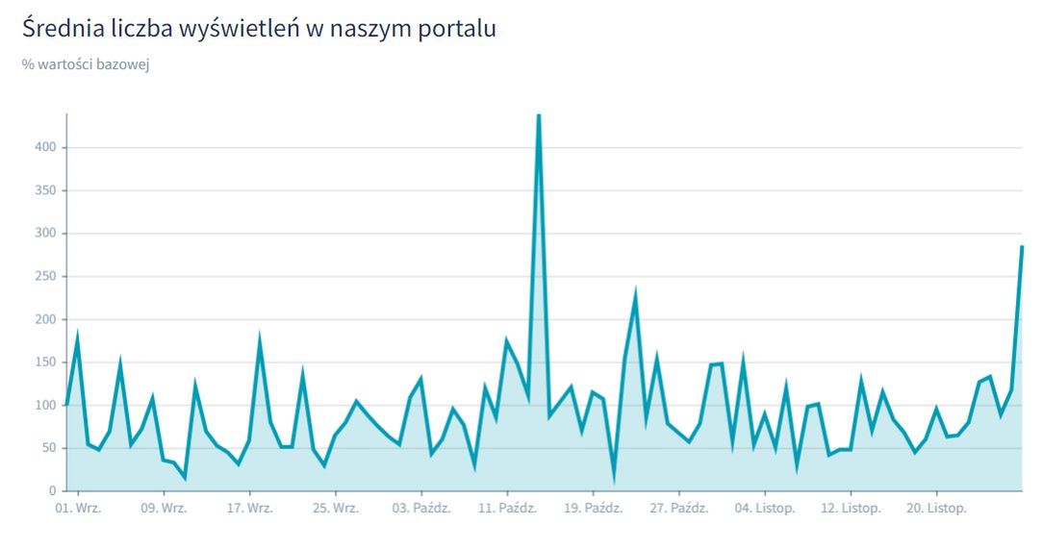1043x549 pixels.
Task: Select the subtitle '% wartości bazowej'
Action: [86, 64]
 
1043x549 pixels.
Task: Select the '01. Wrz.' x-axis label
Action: [78, 509]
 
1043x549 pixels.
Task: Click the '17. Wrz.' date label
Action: [250, 509]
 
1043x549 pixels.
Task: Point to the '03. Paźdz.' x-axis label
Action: [421, 509]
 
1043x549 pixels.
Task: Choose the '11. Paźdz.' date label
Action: [506, 509]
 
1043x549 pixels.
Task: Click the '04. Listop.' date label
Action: [764, 509]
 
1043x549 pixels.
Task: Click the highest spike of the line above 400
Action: [538, 116]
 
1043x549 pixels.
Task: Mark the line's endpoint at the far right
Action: [1022, 247]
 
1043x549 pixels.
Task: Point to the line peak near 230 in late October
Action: [635, 294]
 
